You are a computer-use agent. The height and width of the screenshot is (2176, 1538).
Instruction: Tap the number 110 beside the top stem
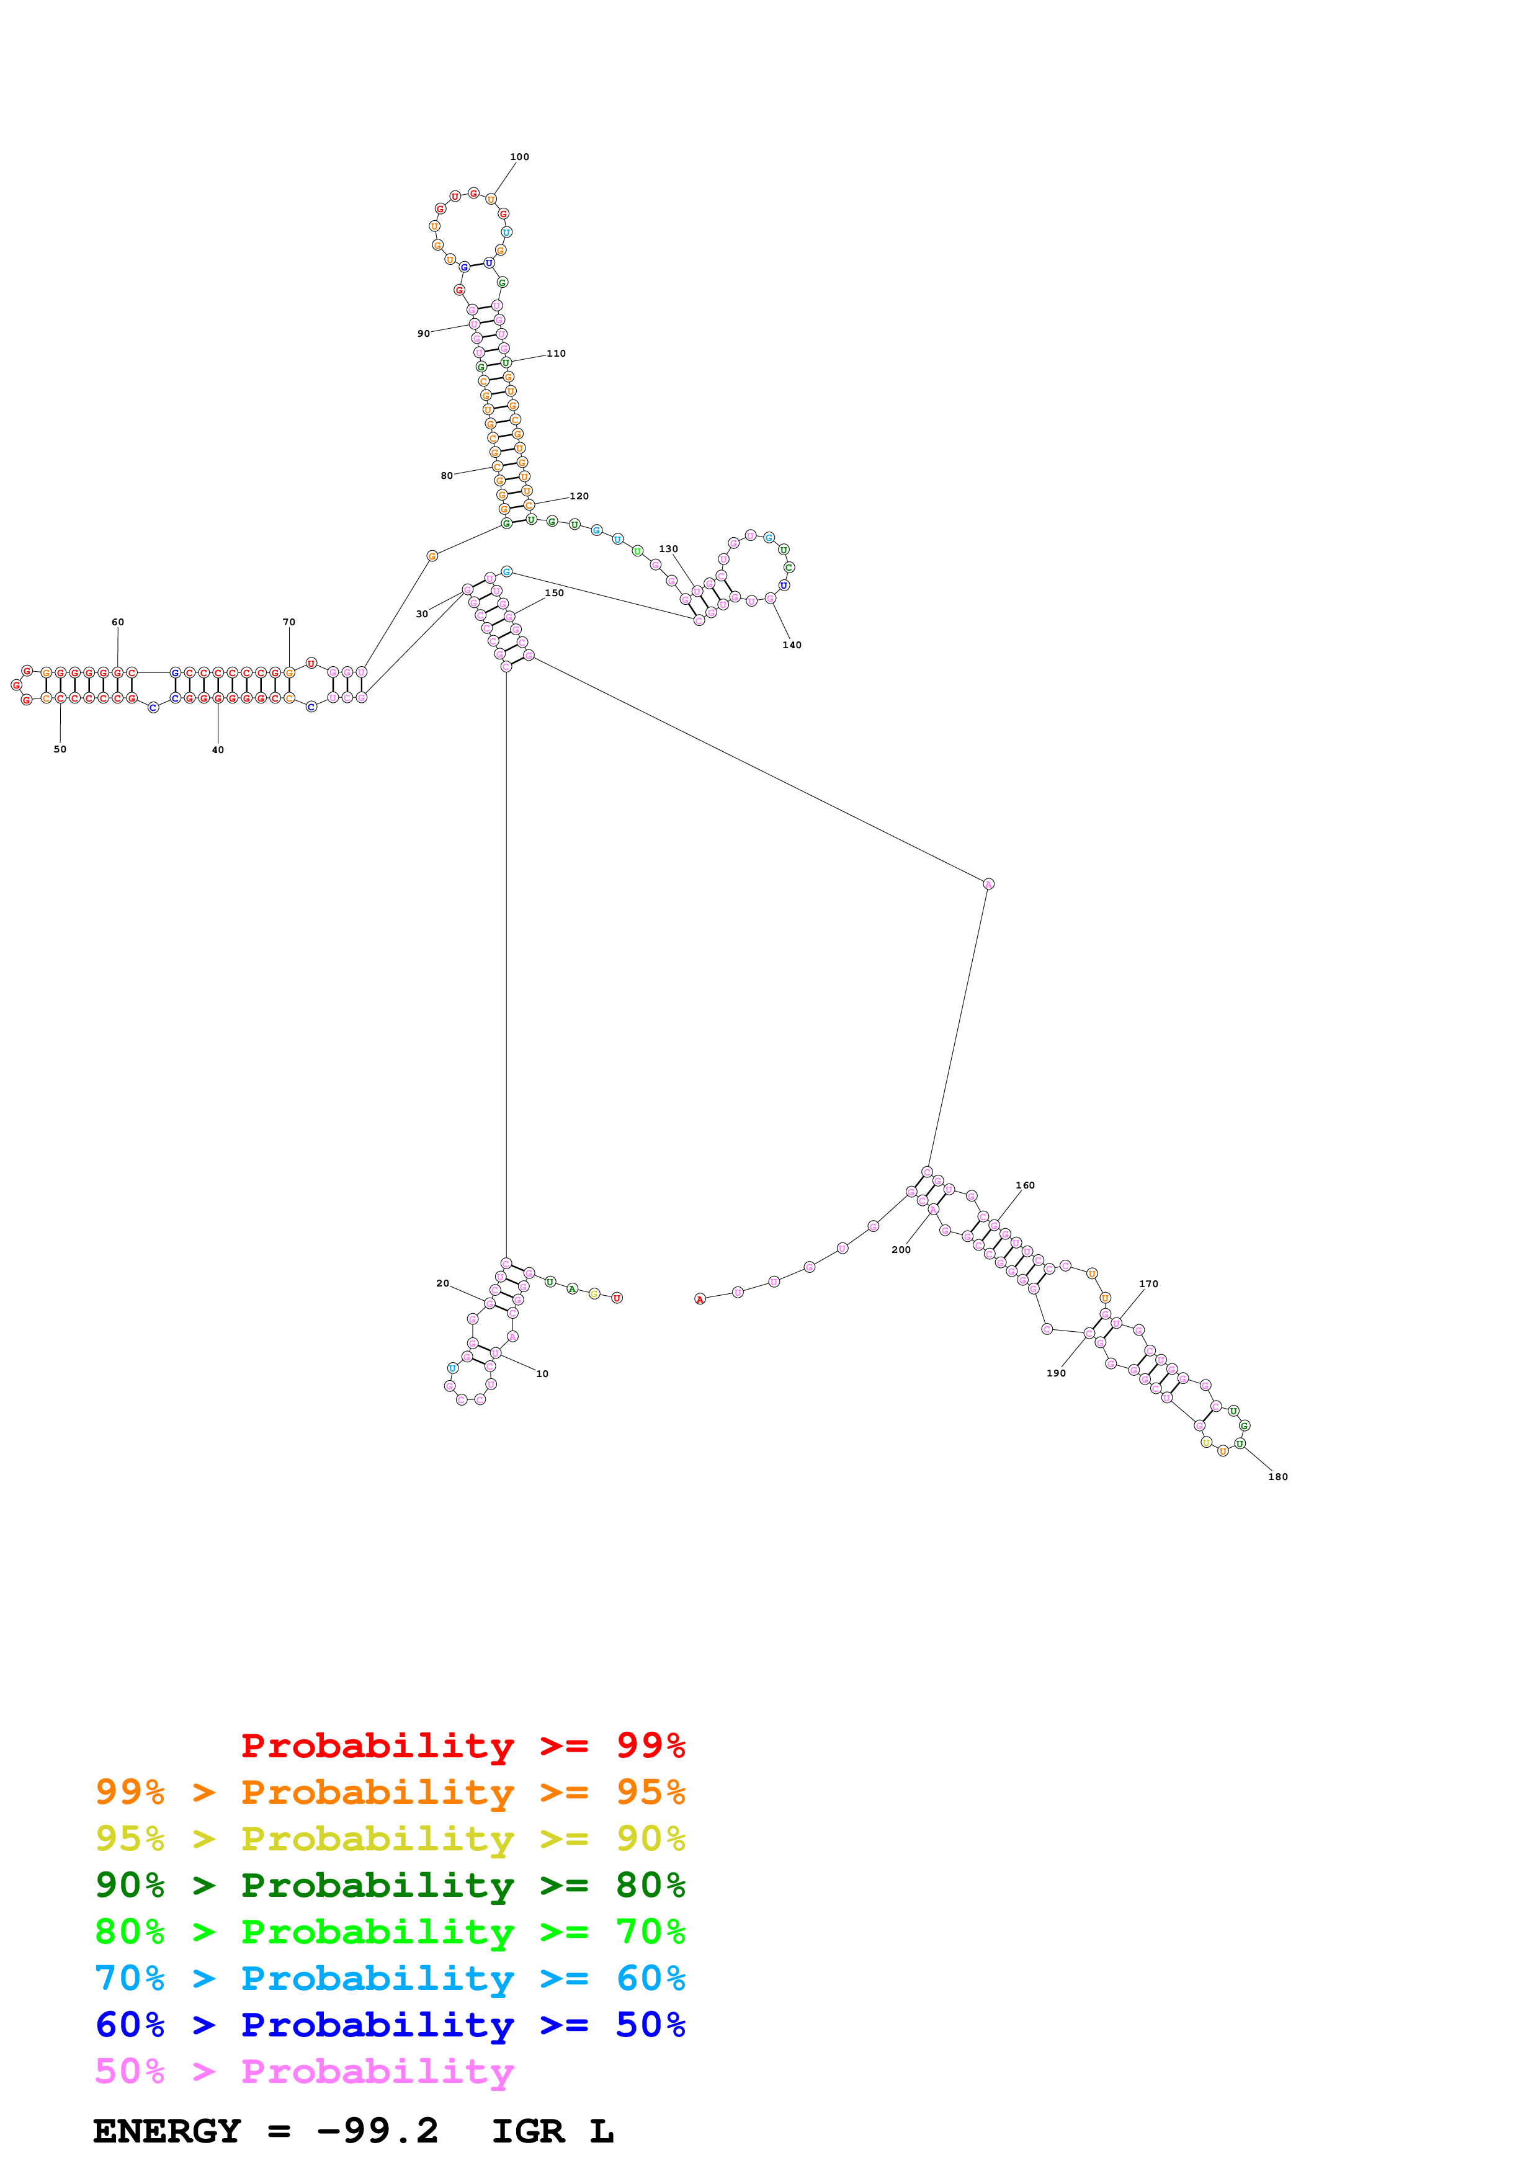tap(557, 354)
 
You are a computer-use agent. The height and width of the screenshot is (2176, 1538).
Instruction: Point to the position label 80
tap(446, 476)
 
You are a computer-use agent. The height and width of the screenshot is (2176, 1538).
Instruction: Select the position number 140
tap(791, 645)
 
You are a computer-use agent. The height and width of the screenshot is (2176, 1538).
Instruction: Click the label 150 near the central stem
tap(555, 593)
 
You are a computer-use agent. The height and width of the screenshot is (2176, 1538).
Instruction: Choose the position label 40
tap(218, 751)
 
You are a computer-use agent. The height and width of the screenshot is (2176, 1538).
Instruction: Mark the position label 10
tap(542, 1374)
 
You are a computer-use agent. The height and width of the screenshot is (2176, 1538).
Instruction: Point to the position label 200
tap(901, 1250)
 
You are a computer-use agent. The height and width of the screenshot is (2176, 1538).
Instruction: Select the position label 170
tap(1148, 1284)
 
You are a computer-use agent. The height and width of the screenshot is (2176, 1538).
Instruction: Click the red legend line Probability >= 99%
tap(462, 1746)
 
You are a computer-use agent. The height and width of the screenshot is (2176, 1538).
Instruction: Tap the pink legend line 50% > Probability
tap(304, 2072)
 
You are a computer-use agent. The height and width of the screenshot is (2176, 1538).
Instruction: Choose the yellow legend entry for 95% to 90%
tap(390, 1839)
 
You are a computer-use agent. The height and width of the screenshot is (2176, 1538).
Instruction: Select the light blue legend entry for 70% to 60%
tap(390, 1979)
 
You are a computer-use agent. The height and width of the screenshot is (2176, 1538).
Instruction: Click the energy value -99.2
tap(377, 2131)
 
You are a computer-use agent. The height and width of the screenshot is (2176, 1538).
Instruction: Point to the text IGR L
tap(552, 2131)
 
